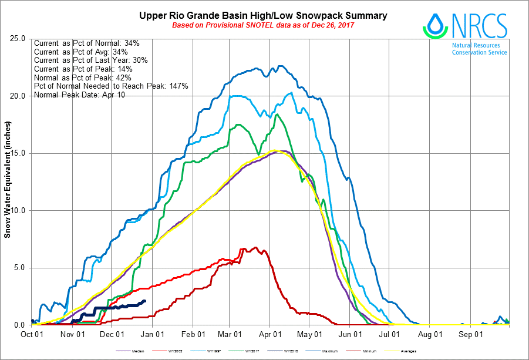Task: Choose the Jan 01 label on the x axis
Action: coord(153,334)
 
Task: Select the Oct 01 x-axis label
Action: coord(32,334)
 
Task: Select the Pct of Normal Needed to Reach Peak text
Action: coord(111,86)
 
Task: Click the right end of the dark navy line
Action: coord(145,301)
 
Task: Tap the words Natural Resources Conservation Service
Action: coord(479,49)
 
